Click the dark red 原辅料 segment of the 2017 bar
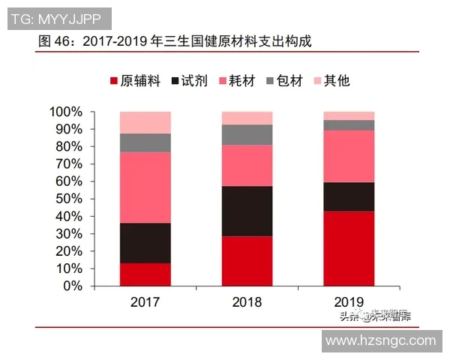pos(145,274)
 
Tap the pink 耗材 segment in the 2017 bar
pos(145,187)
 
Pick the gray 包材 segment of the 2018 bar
pos(247,134)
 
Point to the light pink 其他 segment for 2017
pos(145,122)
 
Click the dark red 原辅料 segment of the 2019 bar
pos(349,248)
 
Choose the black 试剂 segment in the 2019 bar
pos(349,196)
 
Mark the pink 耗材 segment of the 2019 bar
pos(349,156)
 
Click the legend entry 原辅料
pos(134,81)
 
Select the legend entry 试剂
pos(192,81)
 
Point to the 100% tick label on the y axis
pos(66,112)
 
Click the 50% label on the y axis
pos(69,199)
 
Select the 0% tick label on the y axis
pos(72,286)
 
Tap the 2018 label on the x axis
pos(247,302)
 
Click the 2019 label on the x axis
pos(349,302)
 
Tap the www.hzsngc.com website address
pos(381,340)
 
